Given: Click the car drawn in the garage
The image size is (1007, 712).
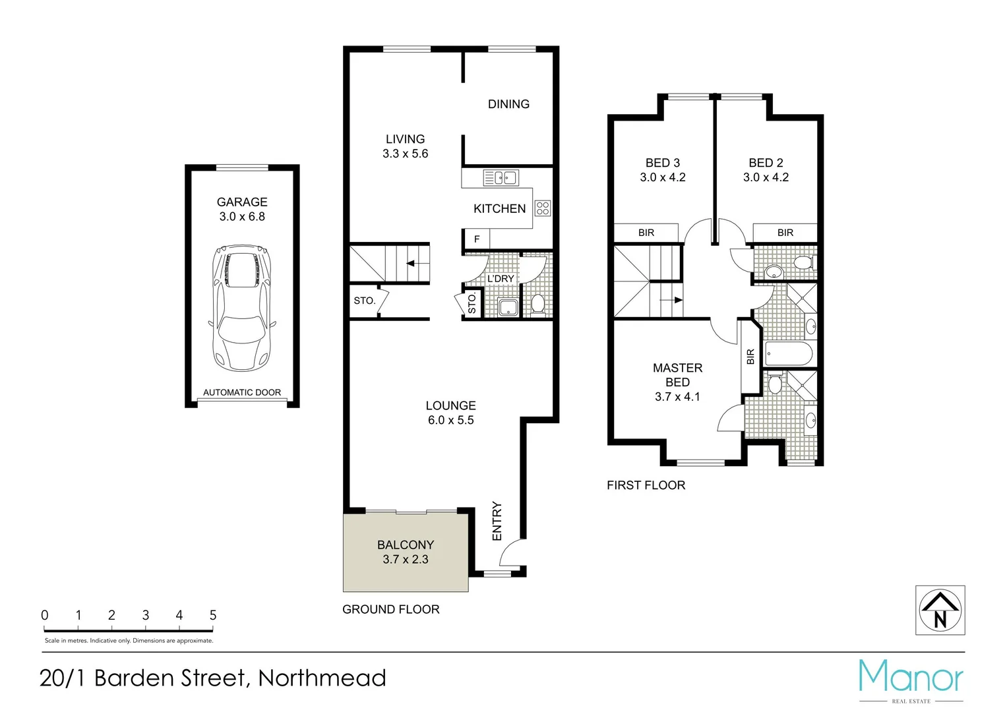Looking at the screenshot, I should [242, 309].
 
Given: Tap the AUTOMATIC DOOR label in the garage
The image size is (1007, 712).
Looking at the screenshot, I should [242, 392].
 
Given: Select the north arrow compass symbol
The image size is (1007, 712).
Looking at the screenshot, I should [940, 610].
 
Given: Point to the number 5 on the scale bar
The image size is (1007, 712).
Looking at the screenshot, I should [213, 615].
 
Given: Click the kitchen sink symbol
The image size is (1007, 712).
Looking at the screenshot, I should [501, 177].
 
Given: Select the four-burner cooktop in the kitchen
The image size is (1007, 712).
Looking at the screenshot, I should [543, 208].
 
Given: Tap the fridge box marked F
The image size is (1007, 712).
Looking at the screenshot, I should [477, 239].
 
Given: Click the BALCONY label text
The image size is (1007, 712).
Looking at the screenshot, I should [406, 545].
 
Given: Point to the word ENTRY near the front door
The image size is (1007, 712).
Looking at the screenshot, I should [497, 521].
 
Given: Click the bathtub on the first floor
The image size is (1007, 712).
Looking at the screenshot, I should [789, 354].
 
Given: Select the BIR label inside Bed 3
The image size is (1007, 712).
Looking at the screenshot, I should [646, 233].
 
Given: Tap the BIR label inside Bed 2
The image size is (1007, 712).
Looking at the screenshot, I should [785, 233].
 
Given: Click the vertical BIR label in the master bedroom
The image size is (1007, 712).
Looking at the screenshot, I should [750, 357].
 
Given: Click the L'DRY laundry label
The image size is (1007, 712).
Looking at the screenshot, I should [501, 279].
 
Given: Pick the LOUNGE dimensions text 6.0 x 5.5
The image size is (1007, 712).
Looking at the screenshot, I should [450, 421].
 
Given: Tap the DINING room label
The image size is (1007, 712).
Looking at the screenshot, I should [508, 104].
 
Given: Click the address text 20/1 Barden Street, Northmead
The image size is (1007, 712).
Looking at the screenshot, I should [213, 678].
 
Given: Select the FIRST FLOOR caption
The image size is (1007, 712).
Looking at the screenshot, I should [646, 485].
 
